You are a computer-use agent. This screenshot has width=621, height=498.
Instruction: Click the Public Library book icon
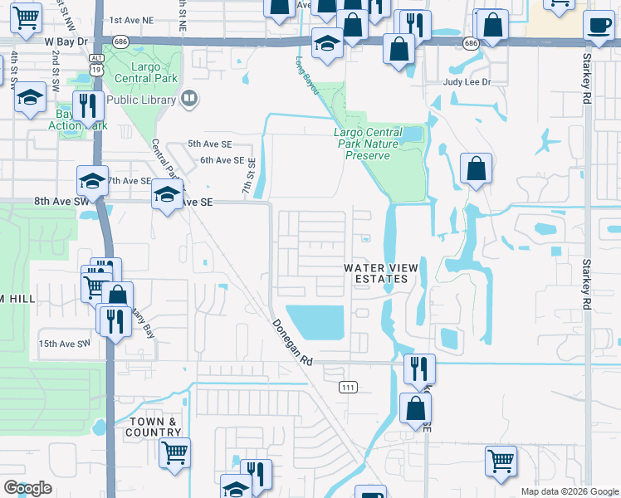(189, 100)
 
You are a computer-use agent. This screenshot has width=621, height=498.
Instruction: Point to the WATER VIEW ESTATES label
(376, 273)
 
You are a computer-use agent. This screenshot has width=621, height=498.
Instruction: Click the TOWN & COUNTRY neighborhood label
(153, 427)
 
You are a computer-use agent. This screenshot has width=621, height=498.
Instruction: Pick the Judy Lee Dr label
(467, 82)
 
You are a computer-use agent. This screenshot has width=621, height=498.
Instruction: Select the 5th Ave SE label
(210, 144)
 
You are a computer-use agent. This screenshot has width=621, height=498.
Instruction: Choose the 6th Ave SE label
(222, 160)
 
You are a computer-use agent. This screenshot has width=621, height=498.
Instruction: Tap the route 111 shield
(348, 387)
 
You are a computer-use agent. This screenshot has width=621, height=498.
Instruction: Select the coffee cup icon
(599, 25)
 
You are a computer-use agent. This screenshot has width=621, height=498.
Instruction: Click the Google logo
(27, 488)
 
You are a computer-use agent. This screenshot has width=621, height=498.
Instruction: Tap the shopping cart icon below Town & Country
(174, 453)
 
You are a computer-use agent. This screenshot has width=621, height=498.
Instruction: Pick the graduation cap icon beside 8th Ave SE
(167, 196)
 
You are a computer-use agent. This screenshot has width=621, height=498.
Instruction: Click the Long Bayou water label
(308, 75)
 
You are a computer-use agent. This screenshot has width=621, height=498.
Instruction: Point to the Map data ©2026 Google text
(570, 491)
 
